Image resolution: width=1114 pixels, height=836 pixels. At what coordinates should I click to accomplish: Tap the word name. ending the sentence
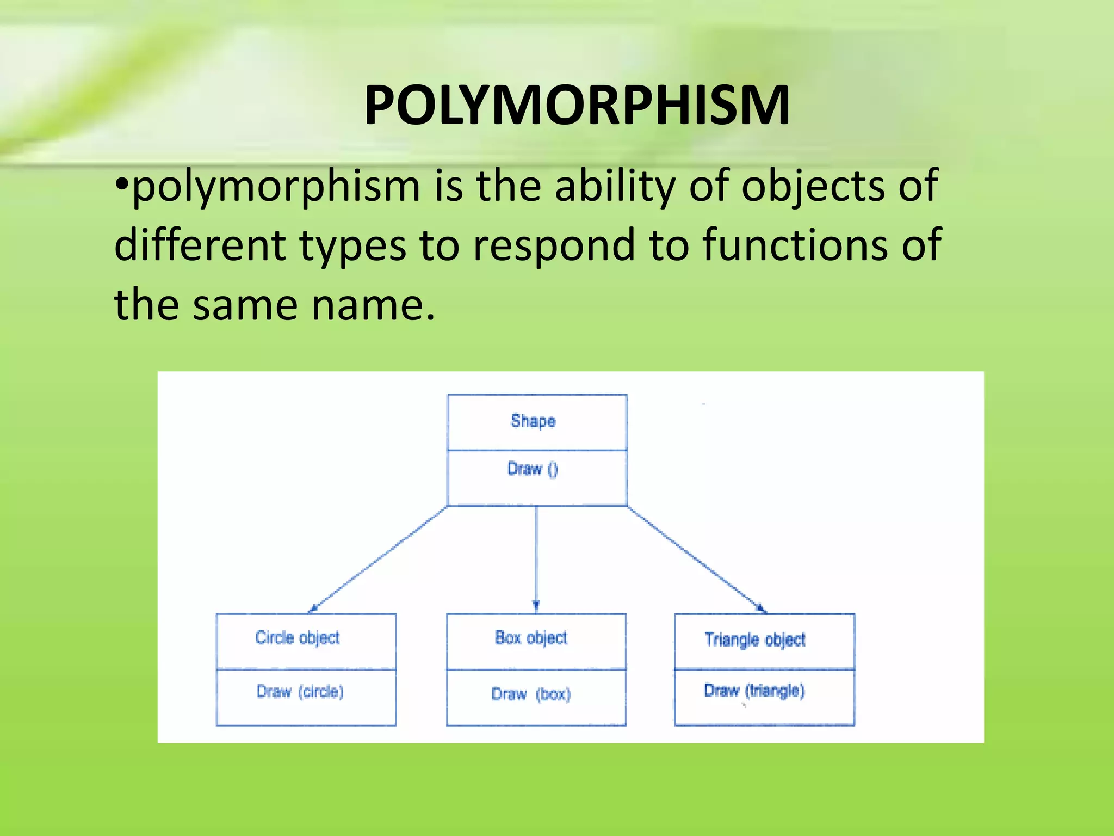click(x=373, y=305)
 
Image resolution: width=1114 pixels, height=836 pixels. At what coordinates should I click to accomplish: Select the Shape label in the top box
click(x=533, y=421)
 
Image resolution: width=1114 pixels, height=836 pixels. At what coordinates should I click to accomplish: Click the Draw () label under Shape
click(x=533, y=469)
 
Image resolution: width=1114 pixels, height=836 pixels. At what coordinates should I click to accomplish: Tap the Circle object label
click(x=298, y=637)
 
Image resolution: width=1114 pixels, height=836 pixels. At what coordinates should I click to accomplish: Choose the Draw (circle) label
click(x=300, y=691)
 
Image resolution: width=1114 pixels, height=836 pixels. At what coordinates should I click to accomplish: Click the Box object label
click(x=531, y=637)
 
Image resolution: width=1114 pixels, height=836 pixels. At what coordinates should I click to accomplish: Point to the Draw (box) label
click(x=531, y=694)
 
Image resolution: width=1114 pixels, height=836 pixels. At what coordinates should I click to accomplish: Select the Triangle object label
click(x=755, y=640)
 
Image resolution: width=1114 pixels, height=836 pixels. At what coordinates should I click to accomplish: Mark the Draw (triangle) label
click(x=754, y=691)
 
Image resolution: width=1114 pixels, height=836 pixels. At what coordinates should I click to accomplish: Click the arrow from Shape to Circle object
click(x=378, y=559)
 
